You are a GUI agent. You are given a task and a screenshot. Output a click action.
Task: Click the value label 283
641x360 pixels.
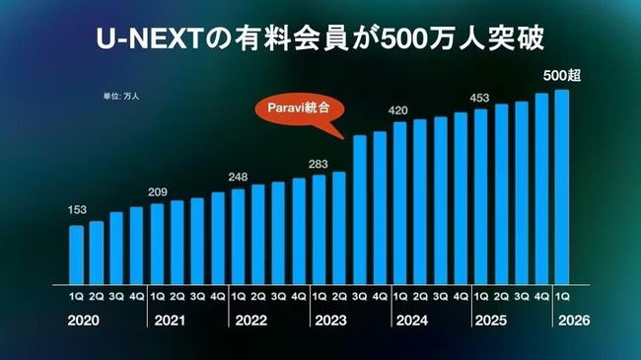click(319, 163)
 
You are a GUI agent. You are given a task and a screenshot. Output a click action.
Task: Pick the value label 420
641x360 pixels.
click(399, 109)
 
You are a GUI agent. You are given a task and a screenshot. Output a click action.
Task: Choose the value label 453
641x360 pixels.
click(480, 97)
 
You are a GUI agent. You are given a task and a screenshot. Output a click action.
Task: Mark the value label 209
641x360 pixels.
click(158, 191)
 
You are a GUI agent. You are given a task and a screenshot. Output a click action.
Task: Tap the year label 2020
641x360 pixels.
click(84, 320)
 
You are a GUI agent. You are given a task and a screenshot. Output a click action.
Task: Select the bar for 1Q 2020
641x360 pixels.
click(76, 253)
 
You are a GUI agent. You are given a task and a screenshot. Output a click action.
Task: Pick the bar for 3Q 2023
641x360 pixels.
click(360, 208)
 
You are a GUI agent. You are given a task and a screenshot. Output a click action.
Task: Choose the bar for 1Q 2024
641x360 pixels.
click(399, 201)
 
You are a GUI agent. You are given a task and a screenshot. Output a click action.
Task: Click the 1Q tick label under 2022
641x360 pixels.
click(238, 294)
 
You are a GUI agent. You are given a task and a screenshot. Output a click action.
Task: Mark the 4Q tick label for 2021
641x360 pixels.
click(218, 294)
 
